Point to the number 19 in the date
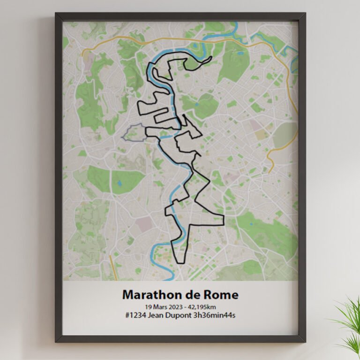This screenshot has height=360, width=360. coord(150,306)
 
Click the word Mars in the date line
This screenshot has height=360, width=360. coord(162,306)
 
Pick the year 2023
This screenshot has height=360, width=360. coord(179,306)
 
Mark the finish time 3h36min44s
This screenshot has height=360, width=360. coord(214,315)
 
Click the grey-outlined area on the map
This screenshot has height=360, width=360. coord(133,133)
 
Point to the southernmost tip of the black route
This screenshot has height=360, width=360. coord(179,262)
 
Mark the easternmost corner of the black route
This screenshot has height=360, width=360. coord(224,217)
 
